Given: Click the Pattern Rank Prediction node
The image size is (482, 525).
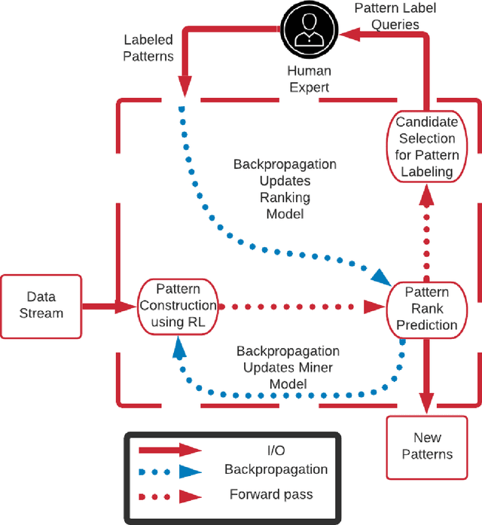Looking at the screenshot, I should (x=427, y=308).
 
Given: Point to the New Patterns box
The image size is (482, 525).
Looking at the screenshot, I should (x=427, y=446).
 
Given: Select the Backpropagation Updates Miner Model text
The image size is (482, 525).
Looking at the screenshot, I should (x=288, y=368).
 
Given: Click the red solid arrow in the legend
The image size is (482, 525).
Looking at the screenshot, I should (x=170, y=449).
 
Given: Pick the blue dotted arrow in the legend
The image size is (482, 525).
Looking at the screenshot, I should (x=170, y=472).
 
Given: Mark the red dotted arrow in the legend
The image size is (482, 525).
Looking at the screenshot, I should (x=170, y=496).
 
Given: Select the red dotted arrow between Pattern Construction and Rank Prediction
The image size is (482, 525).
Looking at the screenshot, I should (x=301, y=307).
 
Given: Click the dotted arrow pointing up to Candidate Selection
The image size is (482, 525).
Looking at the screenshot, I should (x=427, y=234).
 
